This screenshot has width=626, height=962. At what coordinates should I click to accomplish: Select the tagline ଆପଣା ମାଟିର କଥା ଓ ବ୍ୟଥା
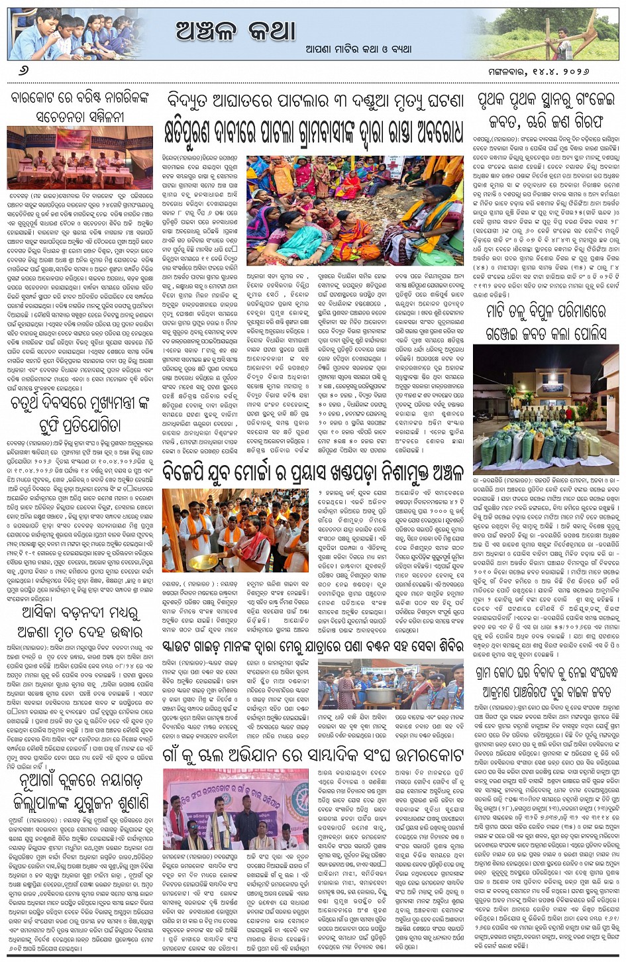(358, 49)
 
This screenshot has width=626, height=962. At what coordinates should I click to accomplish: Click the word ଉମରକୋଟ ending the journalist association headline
(425, 755)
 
